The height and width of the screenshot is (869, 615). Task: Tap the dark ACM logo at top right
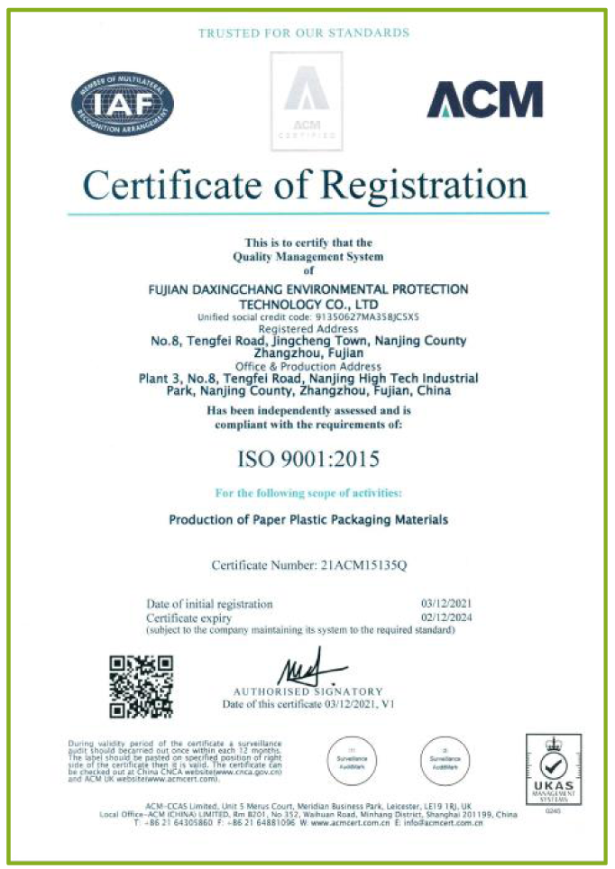(x=484, y=99)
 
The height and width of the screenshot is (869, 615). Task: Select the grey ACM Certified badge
(x=307, y=101)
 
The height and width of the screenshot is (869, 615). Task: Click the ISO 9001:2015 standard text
(x=307, y=458)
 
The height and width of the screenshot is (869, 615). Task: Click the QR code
(x=141, y=687)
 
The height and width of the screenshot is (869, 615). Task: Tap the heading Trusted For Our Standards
(x=304, y=33)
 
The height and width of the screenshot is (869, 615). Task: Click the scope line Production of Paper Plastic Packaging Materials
(x=308, y=520)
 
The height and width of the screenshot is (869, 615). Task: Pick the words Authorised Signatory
(x=308, y=691)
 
